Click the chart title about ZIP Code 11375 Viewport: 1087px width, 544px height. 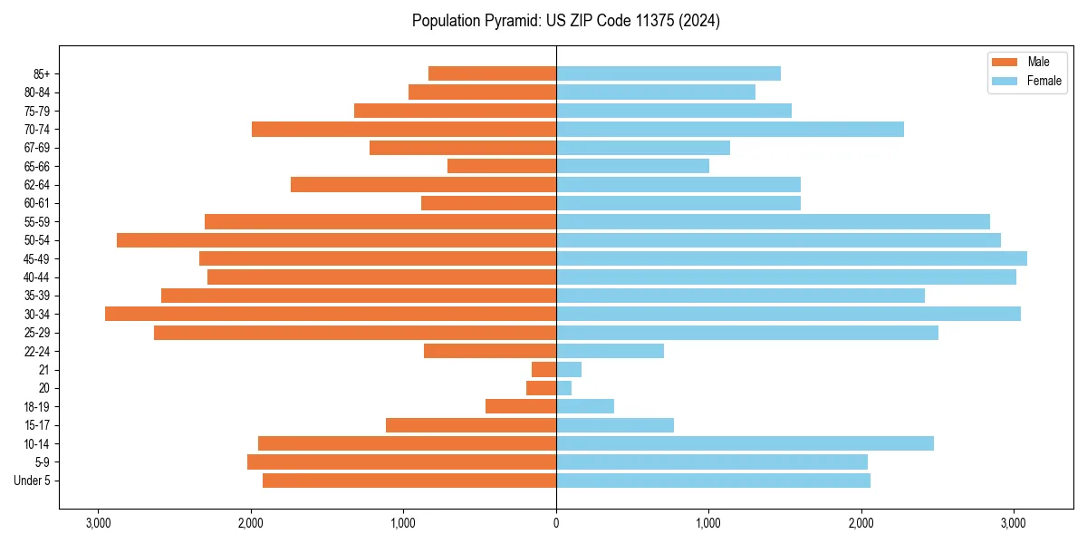coord(565,21)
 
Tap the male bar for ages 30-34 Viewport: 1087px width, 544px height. coord(331,314)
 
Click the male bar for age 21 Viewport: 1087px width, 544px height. coord(544,369)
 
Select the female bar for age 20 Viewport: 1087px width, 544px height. coord(563,388)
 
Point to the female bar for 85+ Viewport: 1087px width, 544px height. coord(668,73)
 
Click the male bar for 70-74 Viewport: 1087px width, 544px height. coord(404,129)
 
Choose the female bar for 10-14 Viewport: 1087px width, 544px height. coord(745,443)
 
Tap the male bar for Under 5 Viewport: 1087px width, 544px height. coord(409,481)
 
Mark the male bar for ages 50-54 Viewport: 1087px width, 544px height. coord(336,240)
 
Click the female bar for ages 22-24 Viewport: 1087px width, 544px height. coord(610,351)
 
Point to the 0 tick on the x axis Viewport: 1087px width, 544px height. coord(556,523)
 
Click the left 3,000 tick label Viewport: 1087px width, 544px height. coord(98,523)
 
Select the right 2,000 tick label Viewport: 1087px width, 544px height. coord(861,523)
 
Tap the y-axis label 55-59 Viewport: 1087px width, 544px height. coord(37,221)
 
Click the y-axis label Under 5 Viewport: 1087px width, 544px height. coord(33,481)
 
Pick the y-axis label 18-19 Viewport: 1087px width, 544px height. coord(37,406)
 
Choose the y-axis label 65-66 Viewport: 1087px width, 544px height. coord(37,166)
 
